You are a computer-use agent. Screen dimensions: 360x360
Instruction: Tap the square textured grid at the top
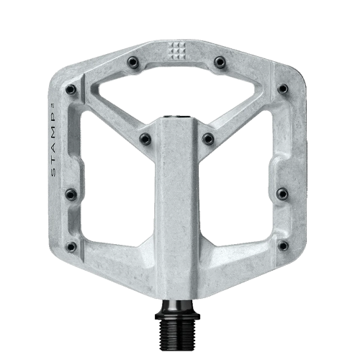pyautogui.click(x=176, y=50)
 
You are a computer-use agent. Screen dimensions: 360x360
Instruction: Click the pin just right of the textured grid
pyautogui.click(x=220, y=63)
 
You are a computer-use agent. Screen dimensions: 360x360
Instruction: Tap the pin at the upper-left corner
pyautogui.click(x=71, y=90)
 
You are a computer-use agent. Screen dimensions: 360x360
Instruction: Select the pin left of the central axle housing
pyautogui.click(x=145, y=138)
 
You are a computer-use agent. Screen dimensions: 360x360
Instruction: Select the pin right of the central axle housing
pyautogui.click(x=208, y=138)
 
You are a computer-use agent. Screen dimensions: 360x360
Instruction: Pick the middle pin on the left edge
pyautogui.click(x=71, y=194)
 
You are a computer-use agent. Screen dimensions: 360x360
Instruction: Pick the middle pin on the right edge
pyautogui.click(x=282, y=194)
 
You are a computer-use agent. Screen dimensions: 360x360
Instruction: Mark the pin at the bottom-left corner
pyautogui.click(x=71, y=246)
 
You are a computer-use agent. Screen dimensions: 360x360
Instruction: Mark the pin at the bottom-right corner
pyautogui.click(x=282, y=246)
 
